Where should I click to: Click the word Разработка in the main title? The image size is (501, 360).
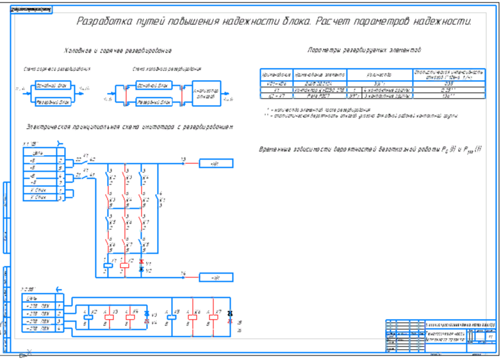pyautogui.click(x=103, y=21)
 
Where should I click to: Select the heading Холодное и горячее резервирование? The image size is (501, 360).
pyautogui.click(x=118, y=51)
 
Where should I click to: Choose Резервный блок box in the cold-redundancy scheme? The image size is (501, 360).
pyautogui.click(x=154, y=102)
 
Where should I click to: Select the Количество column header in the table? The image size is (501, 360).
pyautogui.click(x=379, y=74)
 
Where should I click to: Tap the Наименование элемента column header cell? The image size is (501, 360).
pyautogui.click(x=320, y=74)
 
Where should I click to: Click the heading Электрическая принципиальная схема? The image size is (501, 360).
pyautogui.click(x=128, y=127)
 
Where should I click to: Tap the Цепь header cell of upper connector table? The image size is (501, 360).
pyautogui.click(x=38, y=152)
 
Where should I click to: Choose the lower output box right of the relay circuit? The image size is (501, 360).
pyautogui.click(x=215, y=277)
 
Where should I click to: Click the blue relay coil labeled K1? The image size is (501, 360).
pyautogui.click(x=107, y=263)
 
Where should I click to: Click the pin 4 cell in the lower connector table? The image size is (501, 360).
pyautogui.click(x=59, y=329)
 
